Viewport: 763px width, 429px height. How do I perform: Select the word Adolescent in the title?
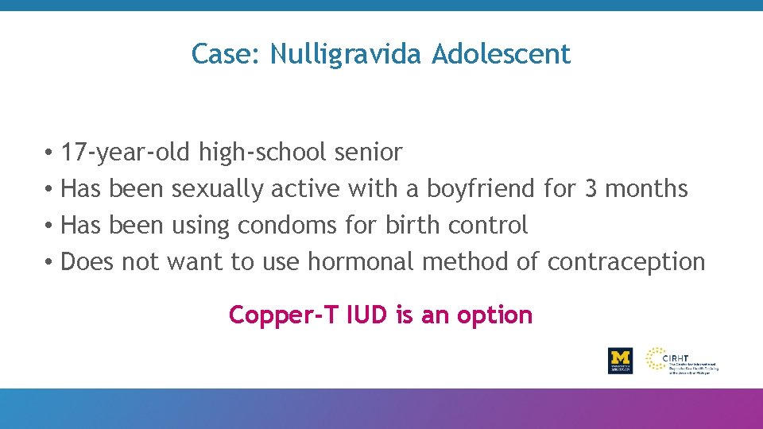(502, 55)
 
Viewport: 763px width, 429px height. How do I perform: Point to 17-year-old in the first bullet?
(126, 152)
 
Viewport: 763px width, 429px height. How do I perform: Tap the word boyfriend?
(481, 189)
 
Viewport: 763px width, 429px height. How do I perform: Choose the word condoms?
(287, 226)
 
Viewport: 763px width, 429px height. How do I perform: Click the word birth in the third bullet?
(412, 226)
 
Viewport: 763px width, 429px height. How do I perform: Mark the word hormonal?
(361, 262)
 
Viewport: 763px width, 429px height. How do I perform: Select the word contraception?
(626, 262)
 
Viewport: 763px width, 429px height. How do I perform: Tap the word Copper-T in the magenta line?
(277, 315)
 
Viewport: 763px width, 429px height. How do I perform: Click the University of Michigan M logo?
(620, 360)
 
